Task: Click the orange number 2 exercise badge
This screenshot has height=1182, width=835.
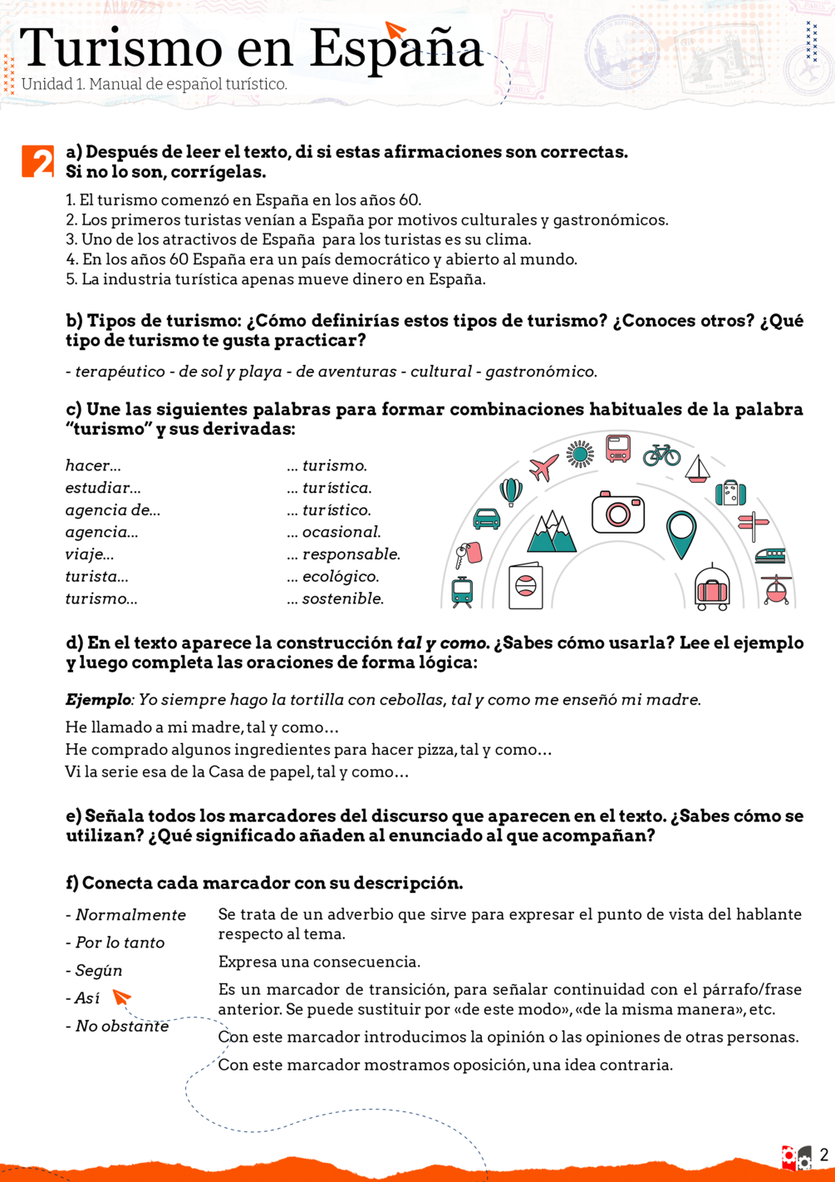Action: pos(37,161)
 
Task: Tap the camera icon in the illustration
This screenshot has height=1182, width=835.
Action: pos(617,512)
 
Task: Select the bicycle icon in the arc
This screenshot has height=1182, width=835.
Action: pos(661,454)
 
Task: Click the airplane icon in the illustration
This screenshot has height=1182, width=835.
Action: pos(543,467)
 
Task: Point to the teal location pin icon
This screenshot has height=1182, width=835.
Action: pos(681,534)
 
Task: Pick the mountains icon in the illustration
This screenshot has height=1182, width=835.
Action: pos(551,533)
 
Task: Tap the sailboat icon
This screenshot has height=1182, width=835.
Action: pos(697,470)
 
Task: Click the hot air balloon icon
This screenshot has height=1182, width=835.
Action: pos(511,492)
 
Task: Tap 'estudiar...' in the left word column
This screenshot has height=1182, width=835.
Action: pos(103,488)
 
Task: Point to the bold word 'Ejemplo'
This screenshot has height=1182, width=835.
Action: pos(98,700)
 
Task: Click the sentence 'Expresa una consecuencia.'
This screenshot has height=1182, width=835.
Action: pos(319,962)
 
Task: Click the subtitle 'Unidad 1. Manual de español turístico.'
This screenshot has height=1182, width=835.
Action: pos(155,85)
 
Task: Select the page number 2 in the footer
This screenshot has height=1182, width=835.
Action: pos(823,1155)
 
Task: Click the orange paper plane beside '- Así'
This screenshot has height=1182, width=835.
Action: pos(122,996)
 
